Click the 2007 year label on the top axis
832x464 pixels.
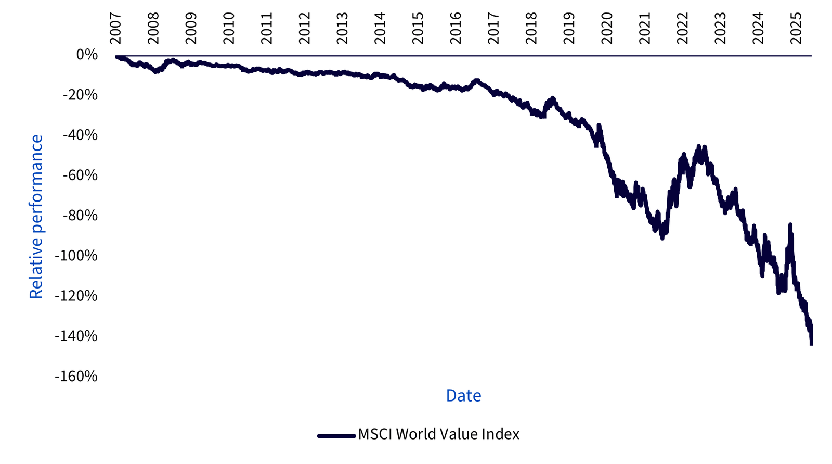pyautogui.click(x=115, y=29)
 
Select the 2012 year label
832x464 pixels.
pyautogui.click(x=305, y=29)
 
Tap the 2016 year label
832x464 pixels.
pyautogui.click(x=456, y=29)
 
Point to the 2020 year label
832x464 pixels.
pyautogui.click(x=607, y=29)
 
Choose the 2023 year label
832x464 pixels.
pyautogui.click(x=720, y=29)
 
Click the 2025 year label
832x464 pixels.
pyautogui.click(x=796, y=29)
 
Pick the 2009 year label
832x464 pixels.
pyautogui.click(x=191, y=29)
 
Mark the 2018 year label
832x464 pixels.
pyautogui.click(x=531, y=29)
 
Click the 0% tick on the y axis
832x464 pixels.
pyautogui.click(x=87, y=55)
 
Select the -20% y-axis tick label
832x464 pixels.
pyautogui.click(x=80, y=95)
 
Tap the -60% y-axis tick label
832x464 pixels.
pyautogui.click(x=80, y=175)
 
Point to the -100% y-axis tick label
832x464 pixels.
pyautogui.click(x=76, y=256)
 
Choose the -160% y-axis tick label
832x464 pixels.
pyautogui.click(x=76, y=376)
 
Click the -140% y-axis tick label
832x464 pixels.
pyautogui.click(x=76, y=336)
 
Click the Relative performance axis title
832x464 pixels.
pyautogui.click(x=36, y=217)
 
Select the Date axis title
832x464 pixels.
pyautogui.click(x=463, y=396)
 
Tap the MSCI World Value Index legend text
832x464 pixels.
pyautogui.click(x=438, y=434)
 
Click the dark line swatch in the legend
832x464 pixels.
pyautogui.click(x=336, y=435)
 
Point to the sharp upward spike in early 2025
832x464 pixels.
pyautogui.click(x=790, y=225)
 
